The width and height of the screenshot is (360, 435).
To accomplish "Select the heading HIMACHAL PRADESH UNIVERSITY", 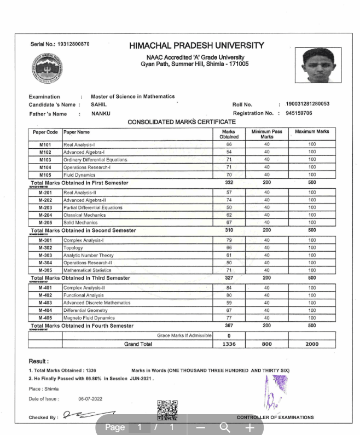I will point(196,45).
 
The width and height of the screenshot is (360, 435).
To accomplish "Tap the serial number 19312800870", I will point(73,44).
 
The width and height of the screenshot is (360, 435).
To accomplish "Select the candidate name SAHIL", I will point(99,104).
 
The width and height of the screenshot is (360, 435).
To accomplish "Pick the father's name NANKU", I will point(101,114).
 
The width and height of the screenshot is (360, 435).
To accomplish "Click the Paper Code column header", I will point(45,132).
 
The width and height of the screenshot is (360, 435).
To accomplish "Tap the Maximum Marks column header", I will point(312,132).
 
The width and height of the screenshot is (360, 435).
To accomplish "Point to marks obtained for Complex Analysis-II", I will point(229,287).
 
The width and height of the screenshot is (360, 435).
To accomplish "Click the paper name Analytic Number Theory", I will point(89,256).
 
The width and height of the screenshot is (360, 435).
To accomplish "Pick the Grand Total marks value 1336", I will point(229,344).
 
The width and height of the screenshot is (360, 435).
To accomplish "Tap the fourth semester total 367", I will point(229,326).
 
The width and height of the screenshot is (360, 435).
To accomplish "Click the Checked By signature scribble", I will point(89,416).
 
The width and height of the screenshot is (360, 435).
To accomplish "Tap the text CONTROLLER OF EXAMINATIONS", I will point(275,417).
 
